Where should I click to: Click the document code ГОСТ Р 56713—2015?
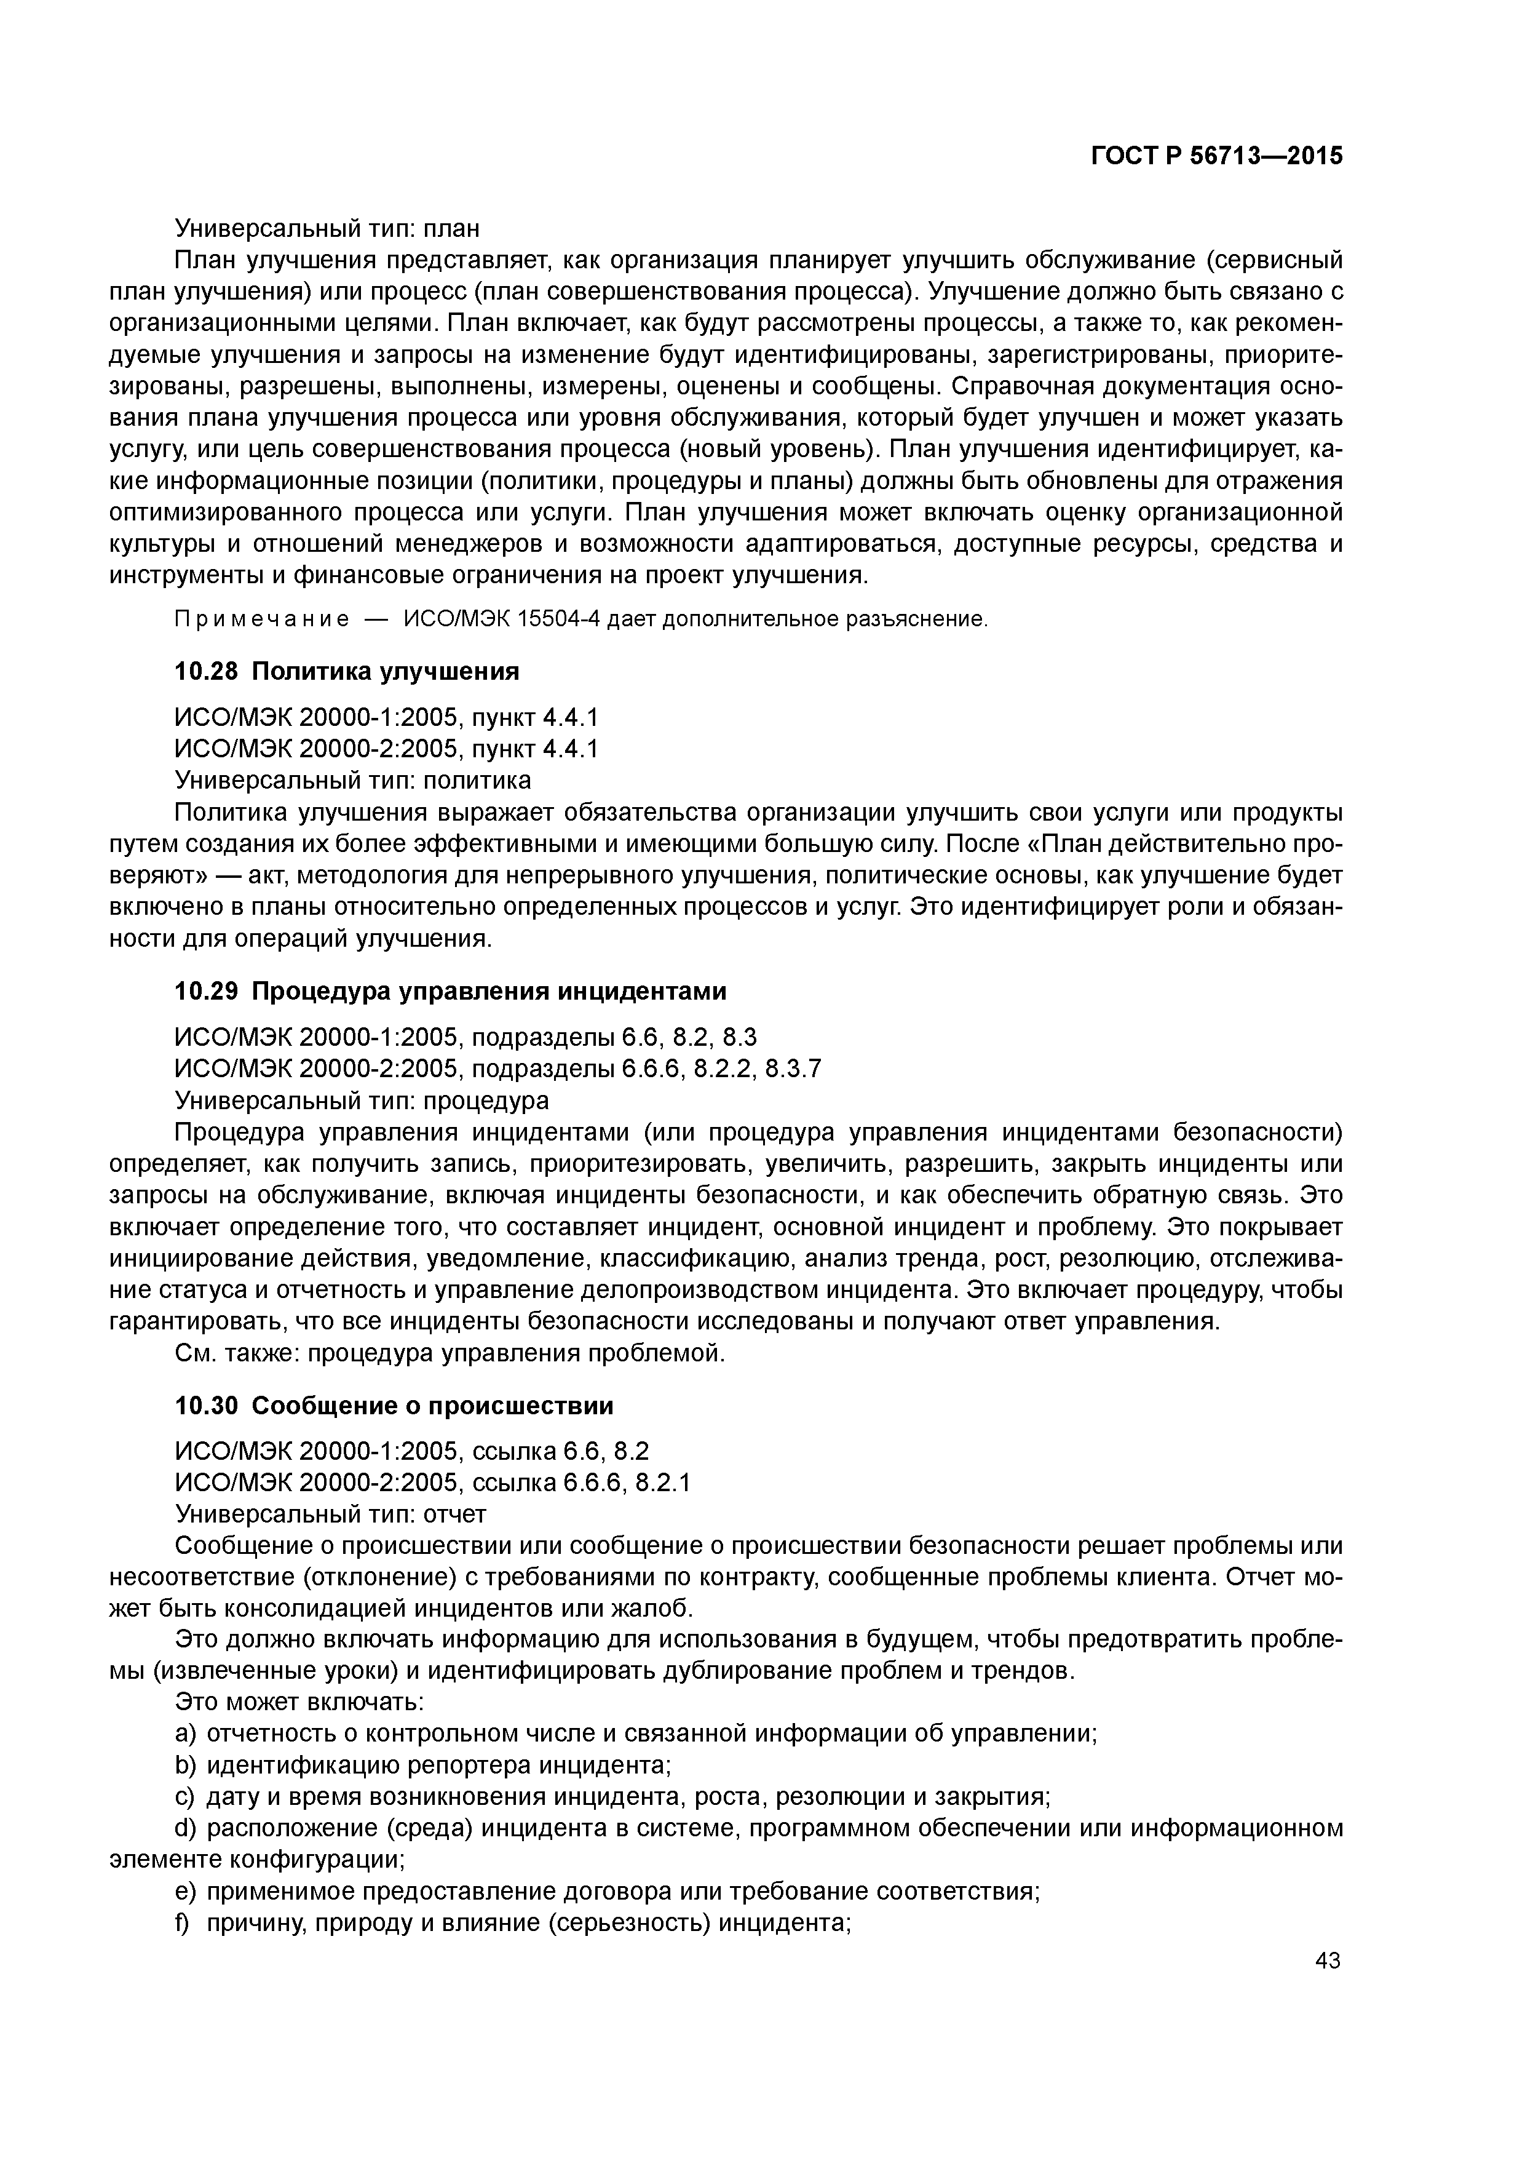click(1217, 156)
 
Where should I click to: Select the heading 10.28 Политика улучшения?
click(347, 671)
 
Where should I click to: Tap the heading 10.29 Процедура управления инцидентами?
click(450, 992)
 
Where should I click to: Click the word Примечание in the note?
click(262, 619)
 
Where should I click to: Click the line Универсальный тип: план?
click(327, 228)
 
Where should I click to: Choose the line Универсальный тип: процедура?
click(362, 1100)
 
